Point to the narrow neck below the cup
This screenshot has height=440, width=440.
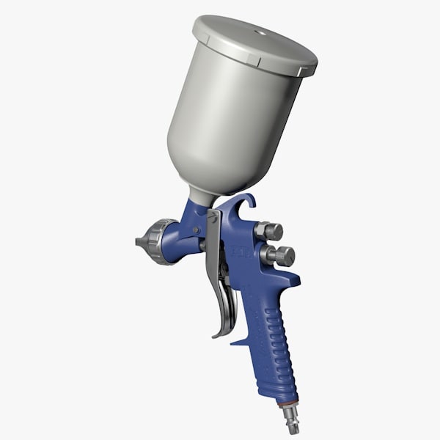coord(202,196)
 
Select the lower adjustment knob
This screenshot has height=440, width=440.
coord(282,256)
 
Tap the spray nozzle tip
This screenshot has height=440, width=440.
coord(139,241)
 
